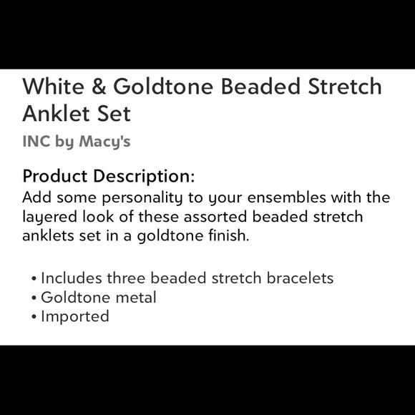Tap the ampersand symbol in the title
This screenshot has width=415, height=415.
98,87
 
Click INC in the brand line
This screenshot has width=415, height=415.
36,142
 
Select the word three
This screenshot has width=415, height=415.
125,278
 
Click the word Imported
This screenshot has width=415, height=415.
75,316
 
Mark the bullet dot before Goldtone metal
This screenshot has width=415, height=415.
34,298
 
